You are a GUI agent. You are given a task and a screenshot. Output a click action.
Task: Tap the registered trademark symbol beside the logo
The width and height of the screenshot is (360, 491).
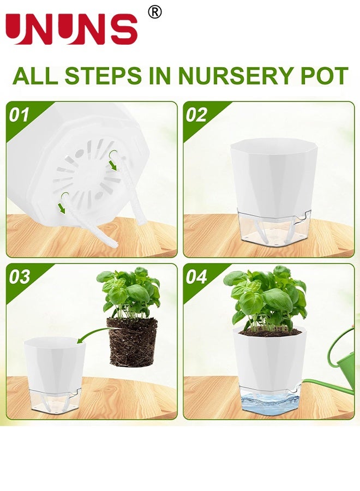click(x=155, y=12)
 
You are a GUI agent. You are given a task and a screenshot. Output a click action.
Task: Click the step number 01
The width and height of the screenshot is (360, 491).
click(x=19, y=115)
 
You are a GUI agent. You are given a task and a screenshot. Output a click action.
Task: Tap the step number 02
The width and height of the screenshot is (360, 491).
click(x=196, y=115)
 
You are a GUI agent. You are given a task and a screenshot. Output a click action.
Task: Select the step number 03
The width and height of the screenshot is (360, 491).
click(x=19, y=277)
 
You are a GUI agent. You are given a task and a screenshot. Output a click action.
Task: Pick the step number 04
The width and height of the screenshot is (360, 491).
click(x=196, y=277)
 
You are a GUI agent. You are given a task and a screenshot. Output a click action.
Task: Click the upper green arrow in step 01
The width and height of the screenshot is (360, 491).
click(x=113, y=163)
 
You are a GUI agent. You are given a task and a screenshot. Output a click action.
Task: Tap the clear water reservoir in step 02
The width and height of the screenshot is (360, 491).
click(x=270, y=229)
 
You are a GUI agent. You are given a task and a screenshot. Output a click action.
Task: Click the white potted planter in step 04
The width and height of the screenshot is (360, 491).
click(x=269, y=360)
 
